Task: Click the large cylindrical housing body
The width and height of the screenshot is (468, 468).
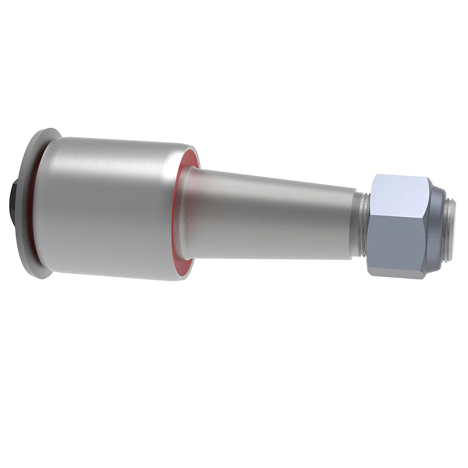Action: (x=103, y=211)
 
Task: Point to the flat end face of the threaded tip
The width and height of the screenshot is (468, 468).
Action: (x=453, y=229)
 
